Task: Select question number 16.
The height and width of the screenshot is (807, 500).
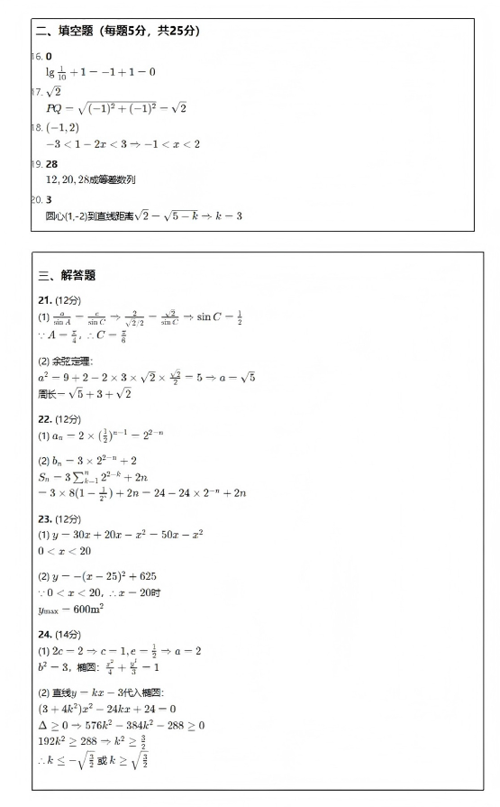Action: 36,57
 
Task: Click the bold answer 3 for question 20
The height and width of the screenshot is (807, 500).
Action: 49,199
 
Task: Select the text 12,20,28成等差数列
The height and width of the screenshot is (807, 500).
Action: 90,179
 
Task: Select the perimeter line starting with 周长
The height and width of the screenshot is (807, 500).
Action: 85,393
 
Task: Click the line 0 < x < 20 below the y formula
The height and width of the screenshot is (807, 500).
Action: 64,551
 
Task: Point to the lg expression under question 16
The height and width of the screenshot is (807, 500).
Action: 100,72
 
